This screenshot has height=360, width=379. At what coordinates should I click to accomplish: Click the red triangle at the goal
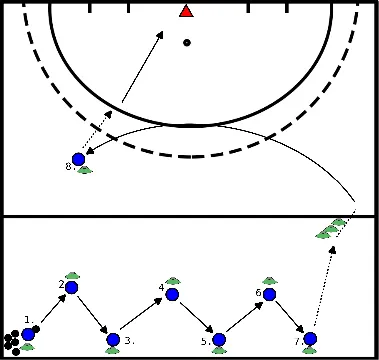pos(186,11)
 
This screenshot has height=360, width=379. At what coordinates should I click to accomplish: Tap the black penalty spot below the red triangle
pos(187,43)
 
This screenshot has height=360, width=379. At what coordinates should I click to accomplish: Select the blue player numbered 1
pos(28,334)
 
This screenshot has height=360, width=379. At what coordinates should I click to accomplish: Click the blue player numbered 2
pos(72,288)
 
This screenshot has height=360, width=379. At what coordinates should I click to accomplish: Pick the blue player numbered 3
pos(113,340)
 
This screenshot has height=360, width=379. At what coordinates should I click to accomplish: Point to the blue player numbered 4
pos(172,294)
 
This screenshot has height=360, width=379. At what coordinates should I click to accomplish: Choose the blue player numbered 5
pos(219,340)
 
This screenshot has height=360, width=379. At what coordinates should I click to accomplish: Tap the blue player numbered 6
pos(267,293)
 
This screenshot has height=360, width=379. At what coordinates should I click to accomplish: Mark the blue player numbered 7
pos(310,339)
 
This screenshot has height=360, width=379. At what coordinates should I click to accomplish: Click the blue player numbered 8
pos(78,158)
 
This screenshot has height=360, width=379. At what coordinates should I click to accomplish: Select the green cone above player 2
pos(72,275)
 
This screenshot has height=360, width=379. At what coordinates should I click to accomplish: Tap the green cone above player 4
pos(172,281)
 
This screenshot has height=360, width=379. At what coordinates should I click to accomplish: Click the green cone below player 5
pos(219,352)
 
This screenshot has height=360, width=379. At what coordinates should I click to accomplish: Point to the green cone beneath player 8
pos(85,170)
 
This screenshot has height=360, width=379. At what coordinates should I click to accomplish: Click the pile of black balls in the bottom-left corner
pos(12,344)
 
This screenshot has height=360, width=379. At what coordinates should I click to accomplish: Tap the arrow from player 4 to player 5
pos(195,317)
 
